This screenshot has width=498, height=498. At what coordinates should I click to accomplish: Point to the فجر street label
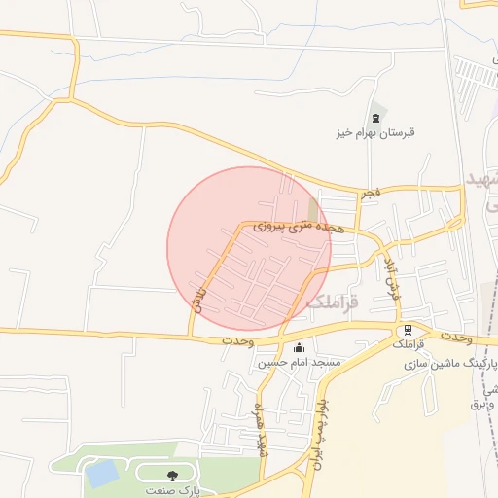point(370,194)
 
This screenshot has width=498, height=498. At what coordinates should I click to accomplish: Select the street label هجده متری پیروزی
point(301,226)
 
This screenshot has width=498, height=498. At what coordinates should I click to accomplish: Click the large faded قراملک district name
point(333,303)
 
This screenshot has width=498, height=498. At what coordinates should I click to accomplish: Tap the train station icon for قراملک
point(408,330)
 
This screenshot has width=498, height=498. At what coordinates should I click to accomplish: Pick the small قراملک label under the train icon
point(408,345)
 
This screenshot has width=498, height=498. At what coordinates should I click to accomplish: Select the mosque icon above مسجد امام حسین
point(298,347)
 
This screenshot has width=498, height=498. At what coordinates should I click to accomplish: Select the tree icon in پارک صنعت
point(172,476)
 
